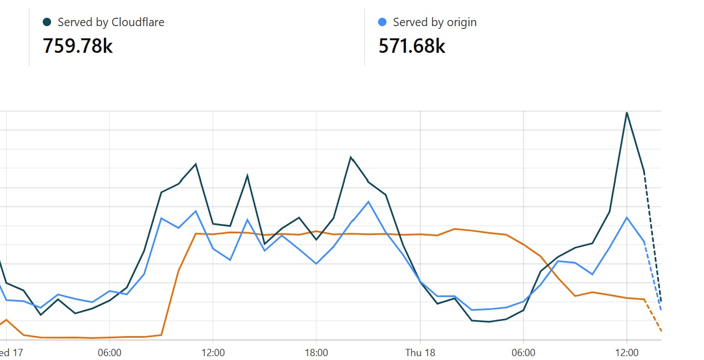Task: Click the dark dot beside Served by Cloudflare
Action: [47, 22]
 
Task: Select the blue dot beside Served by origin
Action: [382, 22]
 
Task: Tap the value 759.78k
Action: [78, 46]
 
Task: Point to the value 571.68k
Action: [412, 46]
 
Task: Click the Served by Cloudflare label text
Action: [111, 22]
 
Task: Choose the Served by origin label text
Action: [435, 22]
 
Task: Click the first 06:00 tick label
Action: [109, 353]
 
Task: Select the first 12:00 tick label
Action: [213, 353]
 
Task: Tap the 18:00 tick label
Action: [316, 353]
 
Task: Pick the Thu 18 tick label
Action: [420, 353]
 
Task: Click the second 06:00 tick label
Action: [523, 353]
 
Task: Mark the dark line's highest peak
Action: [627, 113]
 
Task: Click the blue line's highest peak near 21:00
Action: [369, 201]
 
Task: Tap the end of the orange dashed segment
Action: [661, 331]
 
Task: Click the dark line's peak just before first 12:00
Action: [196, 164]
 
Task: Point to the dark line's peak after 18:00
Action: [351, 157]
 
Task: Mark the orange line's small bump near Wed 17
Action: [6, 319]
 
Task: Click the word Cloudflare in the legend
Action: [138, 22]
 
